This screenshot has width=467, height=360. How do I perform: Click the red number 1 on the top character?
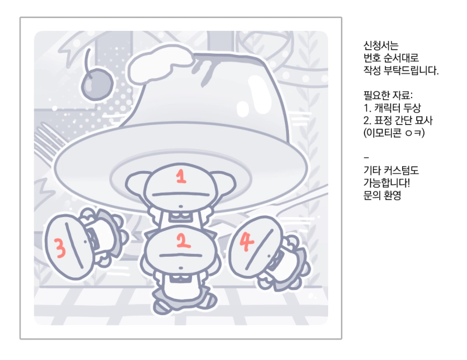[x=181, y=176]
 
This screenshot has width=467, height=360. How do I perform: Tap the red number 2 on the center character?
[x=183, y=240]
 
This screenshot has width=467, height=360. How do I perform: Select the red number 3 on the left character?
[x=60, y=248]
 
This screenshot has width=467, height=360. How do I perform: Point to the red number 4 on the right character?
[x=247, y=242]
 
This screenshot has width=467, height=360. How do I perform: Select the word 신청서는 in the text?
[x=381, y=46]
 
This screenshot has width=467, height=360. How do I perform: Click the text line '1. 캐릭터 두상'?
[x=392, y=107]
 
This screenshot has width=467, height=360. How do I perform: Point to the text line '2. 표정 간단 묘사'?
[x=398, y=120]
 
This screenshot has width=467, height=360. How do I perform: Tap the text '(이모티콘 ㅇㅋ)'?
[x=393, y=132]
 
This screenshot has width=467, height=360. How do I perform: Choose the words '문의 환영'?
[x=382, y=195]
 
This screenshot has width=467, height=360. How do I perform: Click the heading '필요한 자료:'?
[x=388, y=95]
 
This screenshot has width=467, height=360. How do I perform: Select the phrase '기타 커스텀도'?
[x=391, y=170]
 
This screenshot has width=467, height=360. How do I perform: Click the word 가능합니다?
[x=386, y=183]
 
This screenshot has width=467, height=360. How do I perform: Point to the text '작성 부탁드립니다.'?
[x=401, y=70]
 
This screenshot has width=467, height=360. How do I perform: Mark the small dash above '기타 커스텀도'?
[x=366, y=157]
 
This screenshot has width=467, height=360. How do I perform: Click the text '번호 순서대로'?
[x=391, y=58]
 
